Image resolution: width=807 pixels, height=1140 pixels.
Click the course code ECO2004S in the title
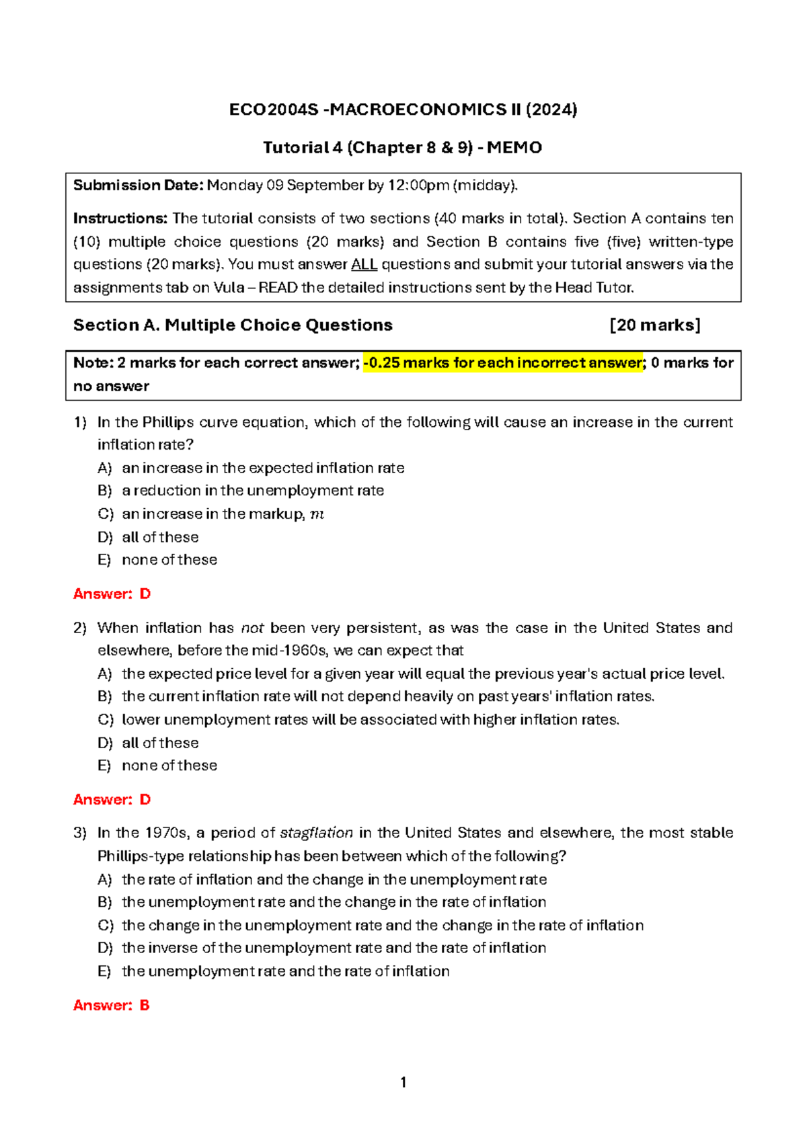[273, 110]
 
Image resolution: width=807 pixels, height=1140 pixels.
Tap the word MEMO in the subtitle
[514, 148]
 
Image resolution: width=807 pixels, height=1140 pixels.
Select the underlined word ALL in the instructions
[364, 264]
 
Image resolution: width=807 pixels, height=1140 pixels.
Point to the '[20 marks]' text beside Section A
[655, 325]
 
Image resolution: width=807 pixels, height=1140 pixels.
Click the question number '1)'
[80, 422]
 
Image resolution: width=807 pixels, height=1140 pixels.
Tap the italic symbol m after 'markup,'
[317, 515]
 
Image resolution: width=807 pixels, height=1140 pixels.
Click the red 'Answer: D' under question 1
[112, 594]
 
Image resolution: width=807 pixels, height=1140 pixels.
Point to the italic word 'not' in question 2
[252, 628]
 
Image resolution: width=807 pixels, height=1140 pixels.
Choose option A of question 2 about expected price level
[422, 674]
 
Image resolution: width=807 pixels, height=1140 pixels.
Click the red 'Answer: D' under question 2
[112, 800]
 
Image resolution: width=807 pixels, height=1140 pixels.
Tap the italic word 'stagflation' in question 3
[316, 833]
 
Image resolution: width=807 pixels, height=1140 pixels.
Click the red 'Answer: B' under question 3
[112, 1006]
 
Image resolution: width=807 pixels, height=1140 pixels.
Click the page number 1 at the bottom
[403, 1082]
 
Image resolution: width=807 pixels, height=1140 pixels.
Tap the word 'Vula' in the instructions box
[229, 288]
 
